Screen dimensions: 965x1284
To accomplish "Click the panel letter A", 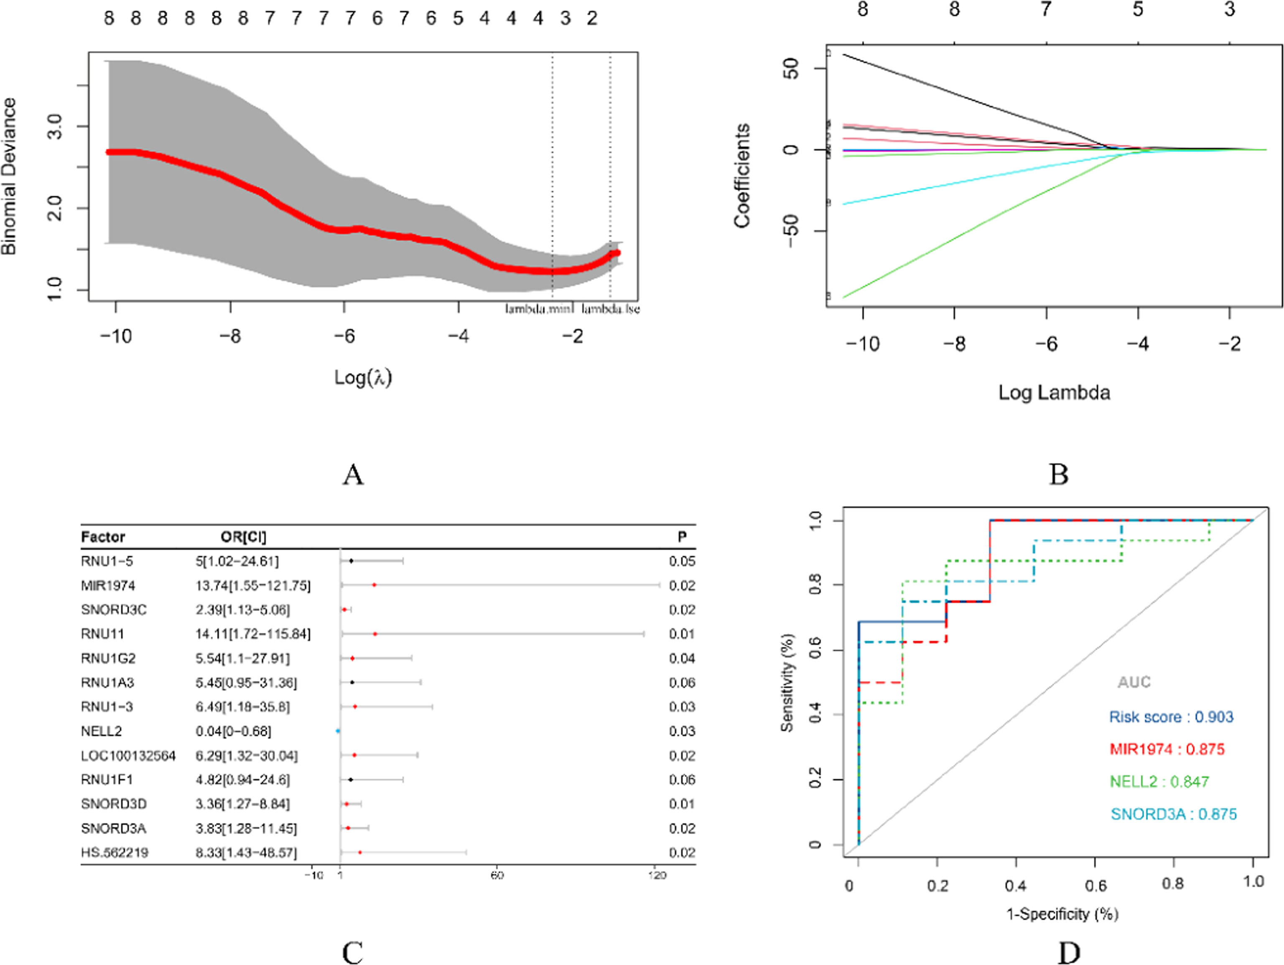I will click(353, 475).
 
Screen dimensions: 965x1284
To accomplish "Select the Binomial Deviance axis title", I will click(9, 176).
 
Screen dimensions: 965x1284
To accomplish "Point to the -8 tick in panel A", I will click(230, 336).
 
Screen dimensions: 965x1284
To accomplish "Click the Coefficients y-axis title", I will click(742, 175).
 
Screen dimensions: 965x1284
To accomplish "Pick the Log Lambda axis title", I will click(1054, 393).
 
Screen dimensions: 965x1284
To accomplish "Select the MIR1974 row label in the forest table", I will click(108, 585).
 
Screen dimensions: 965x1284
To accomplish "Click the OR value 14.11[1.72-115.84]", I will click(253, 633).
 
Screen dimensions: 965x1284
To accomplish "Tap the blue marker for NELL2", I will click(338, 731).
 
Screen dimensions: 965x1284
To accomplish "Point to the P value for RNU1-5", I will click(682, 561).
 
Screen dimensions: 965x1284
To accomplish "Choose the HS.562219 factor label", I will click(115, 853).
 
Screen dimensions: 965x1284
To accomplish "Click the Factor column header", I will click(103, 536).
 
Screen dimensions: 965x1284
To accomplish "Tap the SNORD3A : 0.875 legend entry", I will click(1174, 814).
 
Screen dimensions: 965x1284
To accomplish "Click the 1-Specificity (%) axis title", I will click(1062, 914).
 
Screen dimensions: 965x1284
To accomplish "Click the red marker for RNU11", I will click(375, 633).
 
